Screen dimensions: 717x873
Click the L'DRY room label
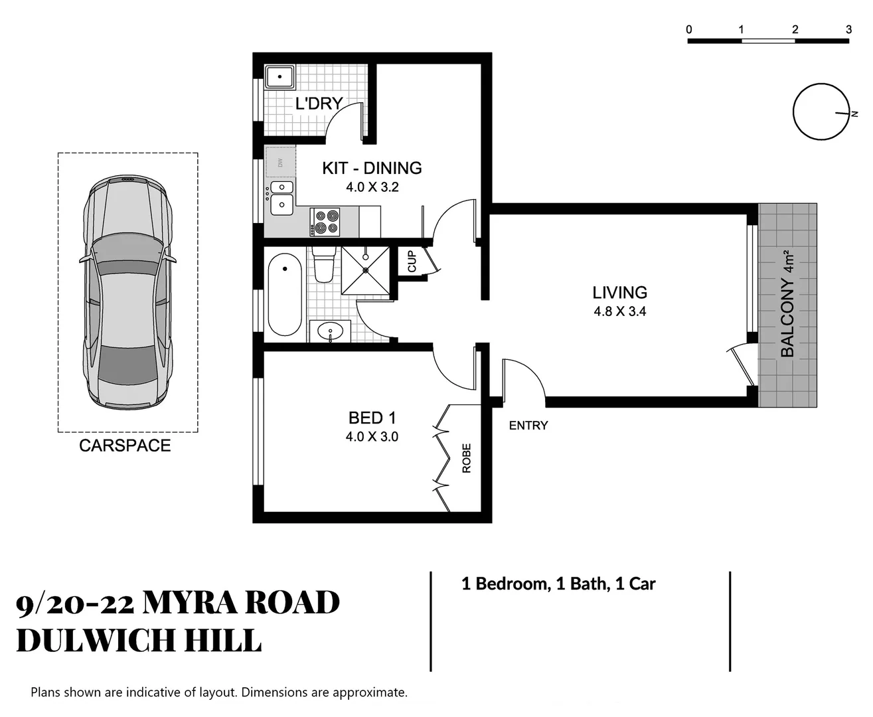pyautogui.click(x=318, y=104)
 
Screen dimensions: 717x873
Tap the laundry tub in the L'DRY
pyautogui.click(x=280, y=78)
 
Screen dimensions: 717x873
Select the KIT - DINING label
pyautogui.click(x=372, y=168)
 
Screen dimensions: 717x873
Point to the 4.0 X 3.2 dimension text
pyautogui.click(x=372, y=187)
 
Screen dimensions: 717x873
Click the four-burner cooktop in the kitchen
pyautogui.click(x=325, y=222)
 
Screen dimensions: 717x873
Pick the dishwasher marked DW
pyautogui.click(x=280, y=162)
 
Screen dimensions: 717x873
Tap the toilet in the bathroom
pyautogui.click(x=324, y=266)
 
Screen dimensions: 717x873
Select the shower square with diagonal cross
pyautogui.click(x=365, y=270)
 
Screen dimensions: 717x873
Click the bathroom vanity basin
pyautogui.click(x=330, y=331)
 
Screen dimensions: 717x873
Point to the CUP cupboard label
pyautogui.click(x=412, y=261)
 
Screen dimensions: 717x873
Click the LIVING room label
pyautogui.click(x=619, y=292)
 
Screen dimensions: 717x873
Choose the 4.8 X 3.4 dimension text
pyautogui.click(x=619, y=311)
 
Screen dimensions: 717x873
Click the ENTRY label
pyautogui.click(x=528, y=426)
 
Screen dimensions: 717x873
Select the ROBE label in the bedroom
pyautogui.click(x=467, y=458)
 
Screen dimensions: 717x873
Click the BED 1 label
pyautogui.click(x=372, y=418)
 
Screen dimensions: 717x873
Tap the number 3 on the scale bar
pyautogui.click(x=848, y=29)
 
